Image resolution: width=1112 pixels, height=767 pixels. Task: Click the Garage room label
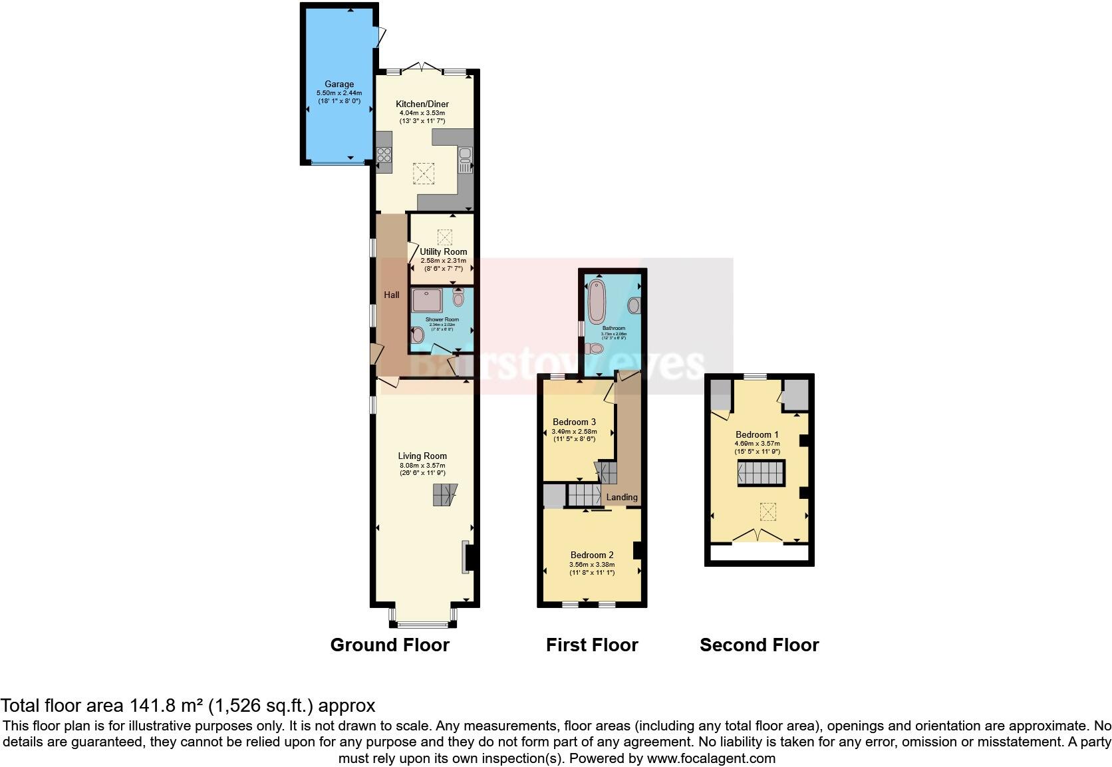pos(339,84)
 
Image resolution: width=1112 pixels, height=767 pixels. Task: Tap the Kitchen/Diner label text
pos(422,104)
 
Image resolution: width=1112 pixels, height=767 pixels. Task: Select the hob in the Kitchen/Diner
pos(384,155)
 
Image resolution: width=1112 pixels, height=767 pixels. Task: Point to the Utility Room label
pos(444,251)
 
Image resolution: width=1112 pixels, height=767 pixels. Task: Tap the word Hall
pos(392,295)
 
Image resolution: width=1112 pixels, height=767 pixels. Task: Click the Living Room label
pos(422,456)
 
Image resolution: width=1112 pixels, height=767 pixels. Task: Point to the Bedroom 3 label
pos(574,422)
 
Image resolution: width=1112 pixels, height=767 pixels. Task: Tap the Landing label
pos(622,497)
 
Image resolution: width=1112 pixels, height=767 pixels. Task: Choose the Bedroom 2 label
pos(592,555)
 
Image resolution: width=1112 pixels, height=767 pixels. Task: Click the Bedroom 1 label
pos(757,434)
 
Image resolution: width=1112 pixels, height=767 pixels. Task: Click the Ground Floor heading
pos(390,645)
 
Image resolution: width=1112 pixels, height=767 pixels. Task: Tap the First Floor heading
pos(592,645)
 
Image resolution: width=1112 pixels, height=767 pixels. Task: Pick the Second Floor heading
pos(759,645)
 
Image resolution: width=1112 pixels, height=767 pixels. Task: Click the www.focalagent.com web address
pos(710,758)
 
